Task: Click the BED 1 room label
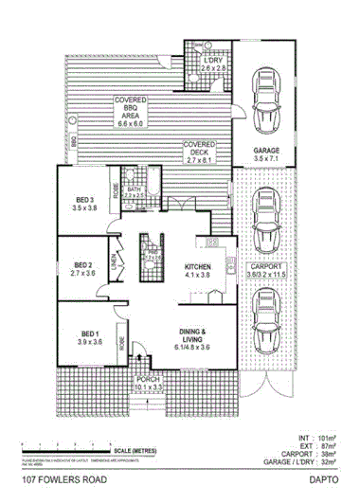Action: [x=89, y=337]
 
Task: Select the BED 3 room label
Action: [x=85, y=202]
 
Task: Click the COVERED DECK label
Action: [x=201, y=148]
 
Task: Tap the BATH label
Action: [x=134, y=192]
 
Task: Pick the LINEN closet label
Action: [x=112, y=268]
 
